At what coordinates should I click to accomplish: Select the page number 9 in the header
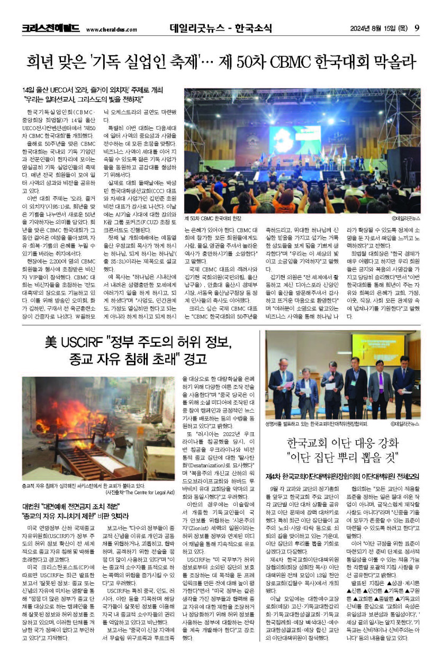tap(417, 28)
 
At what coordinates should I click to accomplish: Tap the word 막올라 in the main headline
tap(391, 62)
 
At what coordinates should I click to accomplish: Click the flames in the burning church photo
tap(79, 418)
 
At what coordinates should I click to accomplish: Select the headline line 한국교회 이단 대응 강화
tap(342, 443)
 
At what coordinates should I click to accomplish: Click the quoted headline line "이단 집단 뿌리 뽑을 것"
tap(342, 458)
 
